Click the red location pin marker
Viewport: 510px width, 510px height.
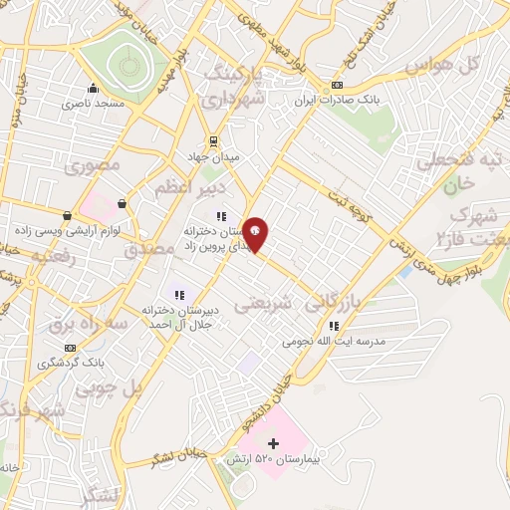click(256, 233)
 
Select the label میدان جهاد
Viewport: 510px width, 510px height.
click(209, 157)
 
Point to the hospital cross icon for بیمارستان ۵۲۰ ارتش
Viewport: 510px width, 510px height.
click(274, 441)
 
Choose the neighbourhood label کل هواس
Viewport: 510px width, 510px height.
click(445, 65)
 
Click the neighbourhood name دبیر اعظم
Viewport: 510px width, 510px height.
click(190, 187)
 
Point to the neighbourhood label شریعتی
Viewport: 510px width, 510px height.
click(263, 306)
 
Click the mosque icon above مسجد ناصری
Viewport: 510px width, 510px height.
click(94, 88)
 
